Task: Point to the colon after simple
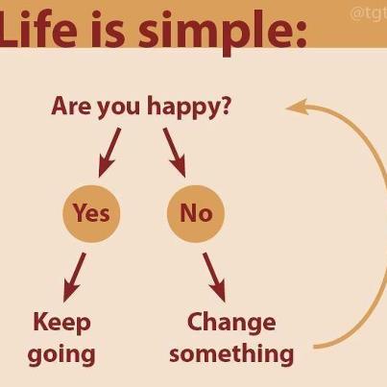(x=298, y=34)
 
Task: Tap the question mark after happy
(x=225, y=105)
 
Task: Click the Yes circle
(x=91, y=212)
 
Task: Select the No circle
(x=195, y=212)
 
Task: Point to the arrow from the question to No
(x=174, y=151)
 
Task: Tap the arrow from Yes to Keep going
(x=74, y=278)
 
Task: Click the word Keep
(x=61, y=322)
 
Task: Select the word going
(x=61, y=354)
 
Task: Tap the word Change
(x=231, y=321)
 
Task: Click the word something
(x=231, y=352)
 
